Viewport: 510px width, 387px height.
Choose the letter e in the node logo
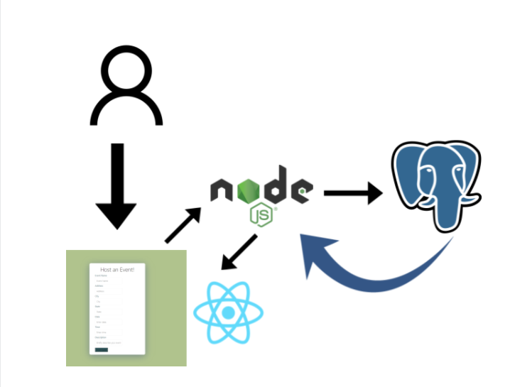(x=303, y=190)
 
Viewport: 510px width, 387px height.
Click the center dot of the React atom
(x=228, y=313)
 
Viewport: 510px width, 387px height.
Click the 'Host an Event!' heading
(x=117, y=269)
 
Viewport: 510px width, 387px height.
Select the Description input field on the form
(x=110, y=342)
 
